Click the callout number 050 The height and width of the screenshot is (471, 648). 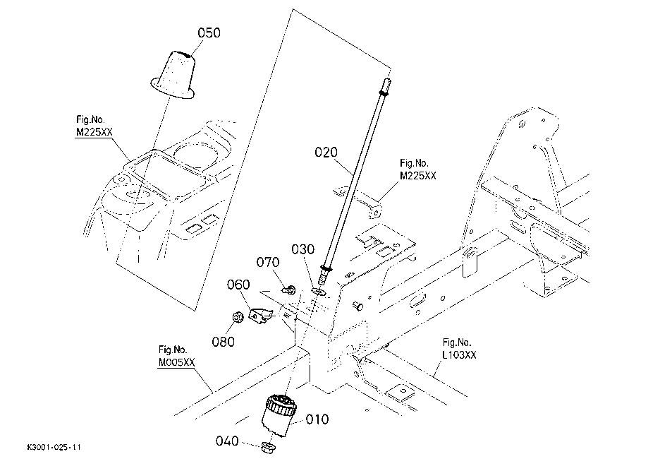click(209, 32)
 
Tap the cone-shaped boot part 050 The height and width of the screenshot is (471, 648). click(173, 75)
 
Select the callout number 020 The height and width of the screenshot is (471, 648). click(326, 153)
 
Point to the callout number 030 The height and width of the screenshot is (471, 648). click(303, 249)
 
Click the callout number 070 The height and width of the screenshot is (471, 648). click(268, 262)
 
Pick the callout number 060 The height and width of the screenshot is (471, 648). click(238, 285)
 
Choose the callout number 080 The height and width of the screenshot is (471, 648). click(223, 342)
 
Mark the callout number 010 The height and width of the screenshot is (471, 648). click(317, 419)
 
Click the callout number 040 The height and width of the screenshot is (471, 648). click(227, 441)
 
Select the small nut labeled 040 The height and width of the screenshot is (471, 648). click(269, 448)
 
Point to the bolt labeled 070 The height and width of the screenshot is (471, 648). click(290, 290)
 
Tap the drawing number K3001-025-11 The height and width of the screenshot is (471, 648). click(54, 447)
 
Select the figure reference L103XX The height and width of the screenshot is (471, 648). click(459, 354)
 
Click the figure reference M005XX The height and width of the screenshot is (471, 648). click(176, 362)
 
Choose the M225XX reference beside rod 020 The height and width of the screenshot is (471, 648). click(418, 176)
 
